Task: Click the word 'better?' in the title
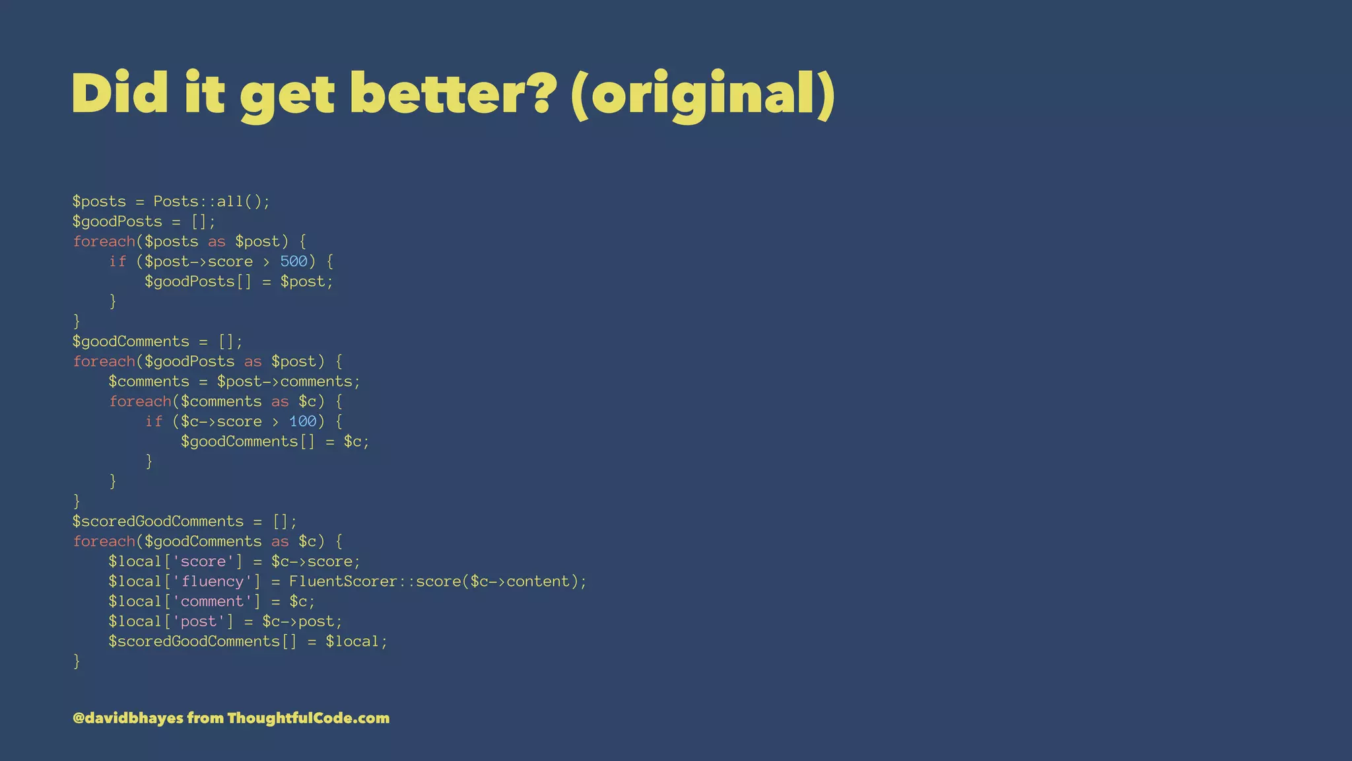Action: click(450, 94)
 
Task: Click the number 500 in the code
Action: click(294, 262)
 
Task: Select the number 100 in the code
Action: click(303, 421)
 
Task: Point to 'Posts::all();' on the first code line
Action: click(212, 201)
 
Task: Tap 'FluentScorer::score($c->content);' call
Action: click(438, 581)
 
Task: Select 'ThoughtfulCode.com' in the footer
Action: click(308, 718)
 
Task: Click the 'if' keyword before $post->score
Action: click(118, 262)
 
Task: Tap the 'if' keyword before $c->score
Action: click(154, 421)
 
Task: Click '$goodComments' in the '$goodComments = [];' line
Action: click(131, 342)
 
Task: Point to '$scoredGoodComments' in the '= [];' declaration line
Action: click(158, 521)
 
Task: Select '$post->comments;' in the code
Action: click(288, 382)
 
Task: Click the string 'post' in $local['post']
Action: click(199, 622)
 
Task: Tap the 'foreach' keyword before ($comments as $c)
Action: click(140, 402)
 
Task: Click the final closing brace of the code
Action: click(77, 661)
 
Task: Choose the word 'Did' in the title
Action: click(119, 94)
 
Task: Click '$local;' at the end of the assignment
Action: click(356, 641)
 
